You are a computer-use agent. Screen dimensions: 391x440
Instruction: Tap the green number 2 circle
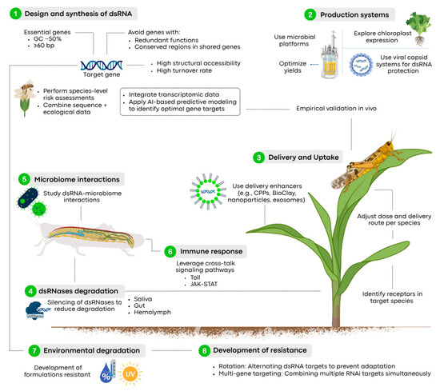(310, 14)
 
